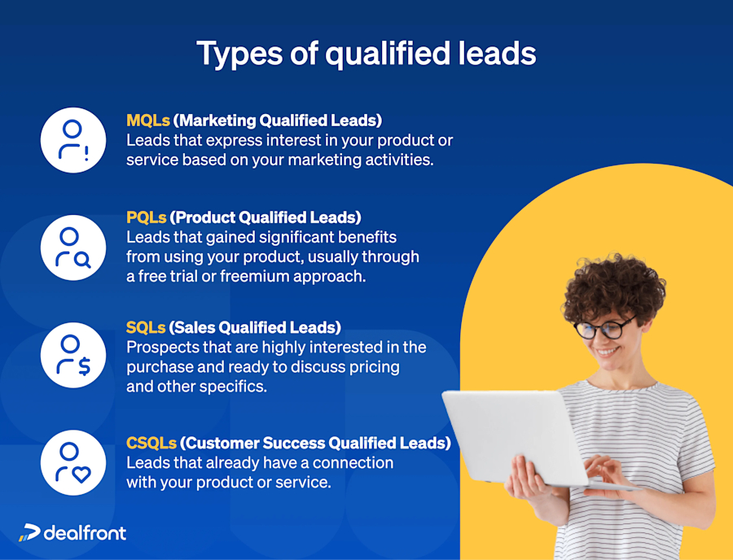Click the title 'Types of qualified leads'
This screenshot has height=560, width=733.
pos(366,54)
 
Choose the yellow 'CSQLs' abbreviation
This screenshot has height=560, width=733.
pos(151,444)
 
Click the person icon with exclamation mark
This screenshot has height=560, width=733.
pos(73,139)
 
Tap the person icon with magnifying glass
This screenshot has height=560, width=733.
pos(73,247)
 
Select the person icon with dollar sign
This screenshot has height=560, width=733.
pos(73,356)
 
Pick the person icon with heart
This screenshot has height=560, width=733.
pos(73,463)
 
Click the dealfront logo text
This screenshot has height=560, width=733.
pos(85,533)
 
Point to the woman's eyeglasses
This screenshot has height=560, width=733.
pos(605,328)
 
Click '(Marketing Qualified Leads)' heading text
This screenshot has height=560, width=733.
pos(279,120)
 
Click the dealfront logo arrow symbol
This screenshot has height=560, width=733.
pos(29,533)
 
